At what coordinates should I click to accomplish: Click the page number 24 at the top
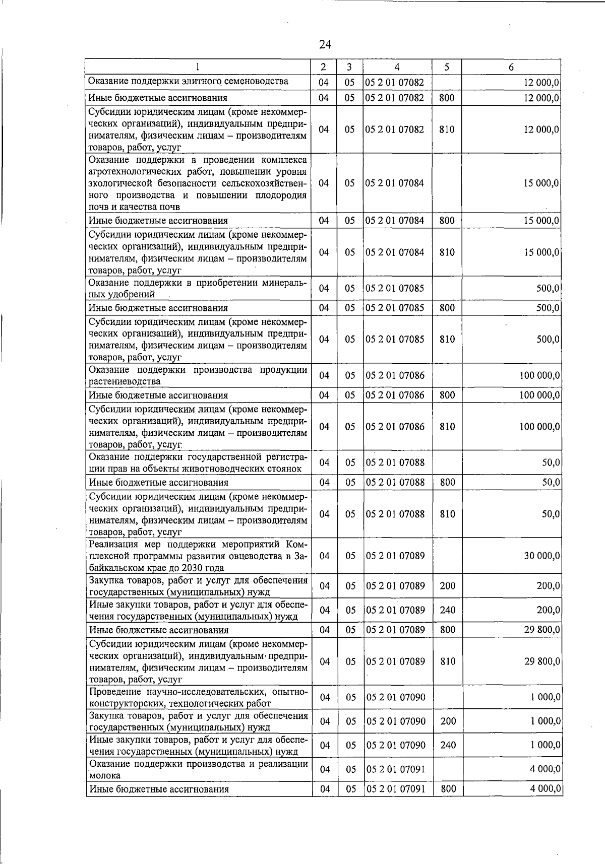coord(325,45)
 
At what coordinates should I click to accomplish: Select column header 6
coord(511,67)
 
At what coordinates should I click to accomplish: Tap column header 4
coord(397,67)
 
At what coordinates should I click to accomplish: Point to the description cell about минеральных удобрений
coord(198,288)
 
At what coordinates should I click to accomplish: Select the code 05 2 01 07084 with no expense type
coord(395,183)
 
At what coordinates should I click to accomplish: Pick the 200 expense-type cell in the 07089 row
coord(448,586)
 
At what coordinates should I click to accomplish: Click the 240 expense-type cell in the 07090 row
coord(448,745)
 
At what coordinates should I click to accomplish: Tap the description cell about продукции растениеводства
coord(198,375)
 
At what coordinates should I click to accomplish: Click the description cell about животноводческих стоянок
coord(198,462)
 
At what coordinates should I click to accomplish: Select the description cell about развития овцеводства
coord(198,556)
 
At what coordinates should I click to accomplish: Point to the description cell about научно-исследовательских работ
coord(198,697)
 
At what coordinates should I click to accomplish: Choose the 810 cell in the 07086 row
coord(448,427)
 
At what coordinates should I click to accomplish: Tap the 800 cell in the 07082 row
coord(448,98)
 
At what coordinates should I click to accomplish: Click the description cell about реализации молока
coord(198,769)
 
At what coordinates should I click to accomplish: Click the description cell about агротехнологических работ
coord(198,183)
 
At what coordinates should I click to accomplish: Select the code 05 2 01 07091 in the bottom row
coord(395,789)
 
